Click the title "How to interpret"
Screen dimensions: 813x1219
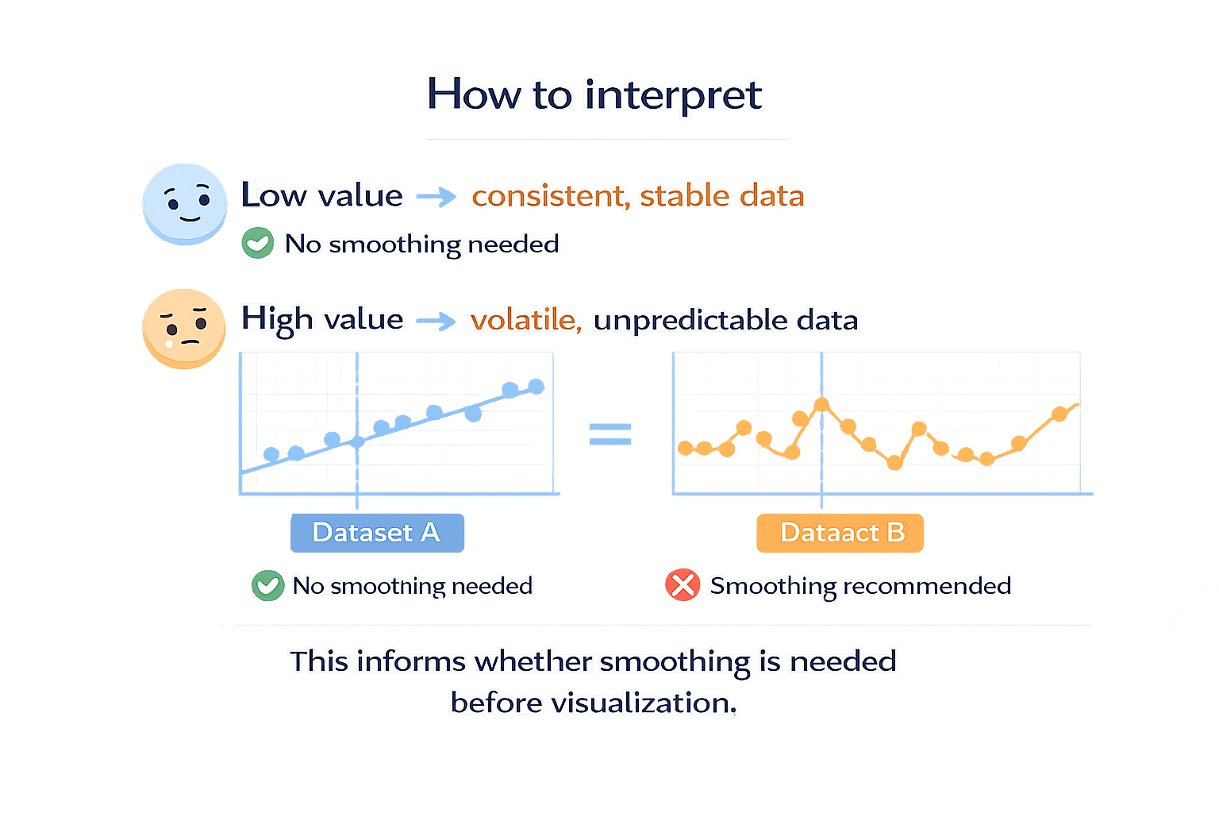pyautogui.click(x=594, y=94)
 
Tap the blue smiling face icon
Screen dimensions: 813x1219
pyautogui.click(x=184, y=203)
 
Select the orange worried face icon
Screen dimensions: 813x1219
pyautogui.click(x=183, y=328)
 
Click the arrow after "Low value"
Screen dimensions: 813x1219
pyautogui.click(x=436, y=196)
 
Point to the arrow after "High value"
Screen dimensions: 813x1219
pyautogui.click(x=436, y=321)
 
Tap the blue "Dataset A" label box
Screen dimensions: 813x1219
pyautogui.click(x=376, y=533)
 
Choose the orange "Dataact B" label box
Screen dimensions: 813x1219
pyautogui.click(x=841, y=533)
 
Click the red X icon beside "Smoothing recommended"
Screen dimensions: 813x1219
pyautogui.click(x=682, y=586)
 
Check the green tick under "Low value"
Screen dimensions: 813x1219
pyautogui.click(x=257, y=243)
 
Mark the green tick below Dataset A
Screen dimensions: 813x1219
pyautogui.click(x=267, y=586)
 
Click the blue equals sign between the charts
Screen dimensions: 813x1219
pyautogui.click(x=610, y=434)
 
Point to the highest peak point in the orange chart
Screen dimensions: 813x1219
pyautogui.click(x=821, y=406)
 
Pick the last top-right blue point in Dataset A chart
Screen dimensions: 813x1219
pyautogui.click(x=536, y=387)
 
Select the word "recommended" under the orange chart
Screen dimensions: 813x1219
pyautogui.click(x=927, y=586)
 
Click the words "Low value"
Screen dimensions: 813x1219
pyautogui.click(x=322, y=196)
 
